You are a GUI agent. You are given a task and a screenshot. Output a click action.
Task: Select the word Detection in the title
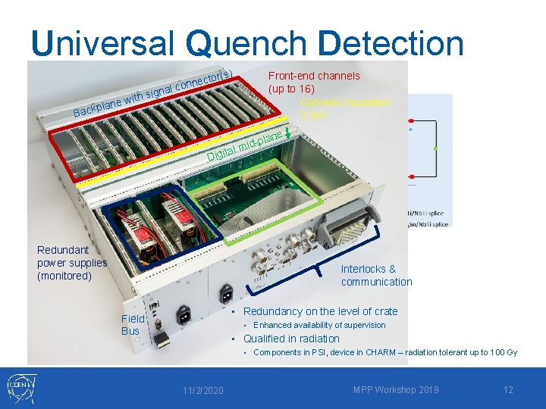point(391,43)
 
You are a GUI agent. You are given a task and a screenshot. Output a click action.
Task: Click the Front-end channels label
point(314,76)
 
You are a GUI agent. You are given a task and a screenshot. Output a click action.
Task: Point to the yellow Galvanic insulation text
point(345,102)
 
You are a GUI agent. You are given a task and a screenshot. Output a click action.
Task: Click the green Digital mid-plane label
point(245,147)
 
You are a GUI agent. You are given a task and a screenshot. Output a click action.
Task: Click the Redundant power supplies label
point(72,263)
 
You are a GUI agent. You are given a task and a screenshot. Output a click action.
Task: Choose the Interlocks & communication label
point(376,275)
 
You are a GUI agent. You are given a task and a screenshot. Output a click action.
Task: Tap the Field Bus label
point(131,325)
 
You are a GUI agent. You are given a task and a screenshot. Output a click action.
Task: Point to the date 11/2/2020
point(202,390)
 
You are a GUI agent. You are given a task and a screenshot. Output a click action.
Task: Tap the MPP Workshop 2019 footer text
point(396,389)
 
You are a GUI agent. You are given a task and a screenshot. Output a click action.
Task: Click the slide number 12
point(508,389)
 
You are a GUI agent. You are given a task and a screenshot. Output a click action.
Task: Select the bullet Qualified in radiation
point(291,339)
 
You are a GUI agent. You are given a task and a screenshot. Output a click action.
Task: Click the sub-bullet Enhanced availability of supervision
point(319,325)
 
